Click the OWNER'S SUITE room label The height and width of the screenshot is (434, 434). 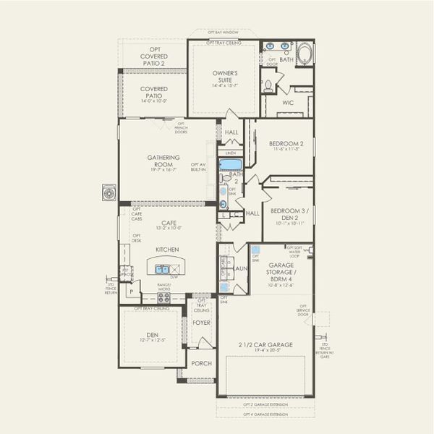coord(225,76)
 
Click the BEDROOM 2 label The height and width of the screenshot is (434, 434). coord(281,143)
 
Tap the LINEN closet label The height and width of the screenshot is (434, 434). coord(231,153)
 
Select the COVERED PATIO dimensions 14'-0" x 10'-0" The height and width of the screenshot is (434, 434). coord(153,101)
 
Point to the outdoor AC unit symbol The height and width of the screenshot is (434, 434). coord(110,193)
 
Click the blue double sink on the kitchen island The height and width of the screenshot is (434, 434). coord(161,269)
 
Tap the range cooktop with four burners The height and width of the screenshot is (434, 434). coord(164,297)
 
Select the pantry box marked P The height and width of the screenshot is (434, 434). coord(131,292)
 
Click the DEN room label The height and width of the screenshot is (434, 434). coord(153,334)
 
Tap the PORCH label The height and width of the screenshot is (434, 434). coord(202,363)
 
